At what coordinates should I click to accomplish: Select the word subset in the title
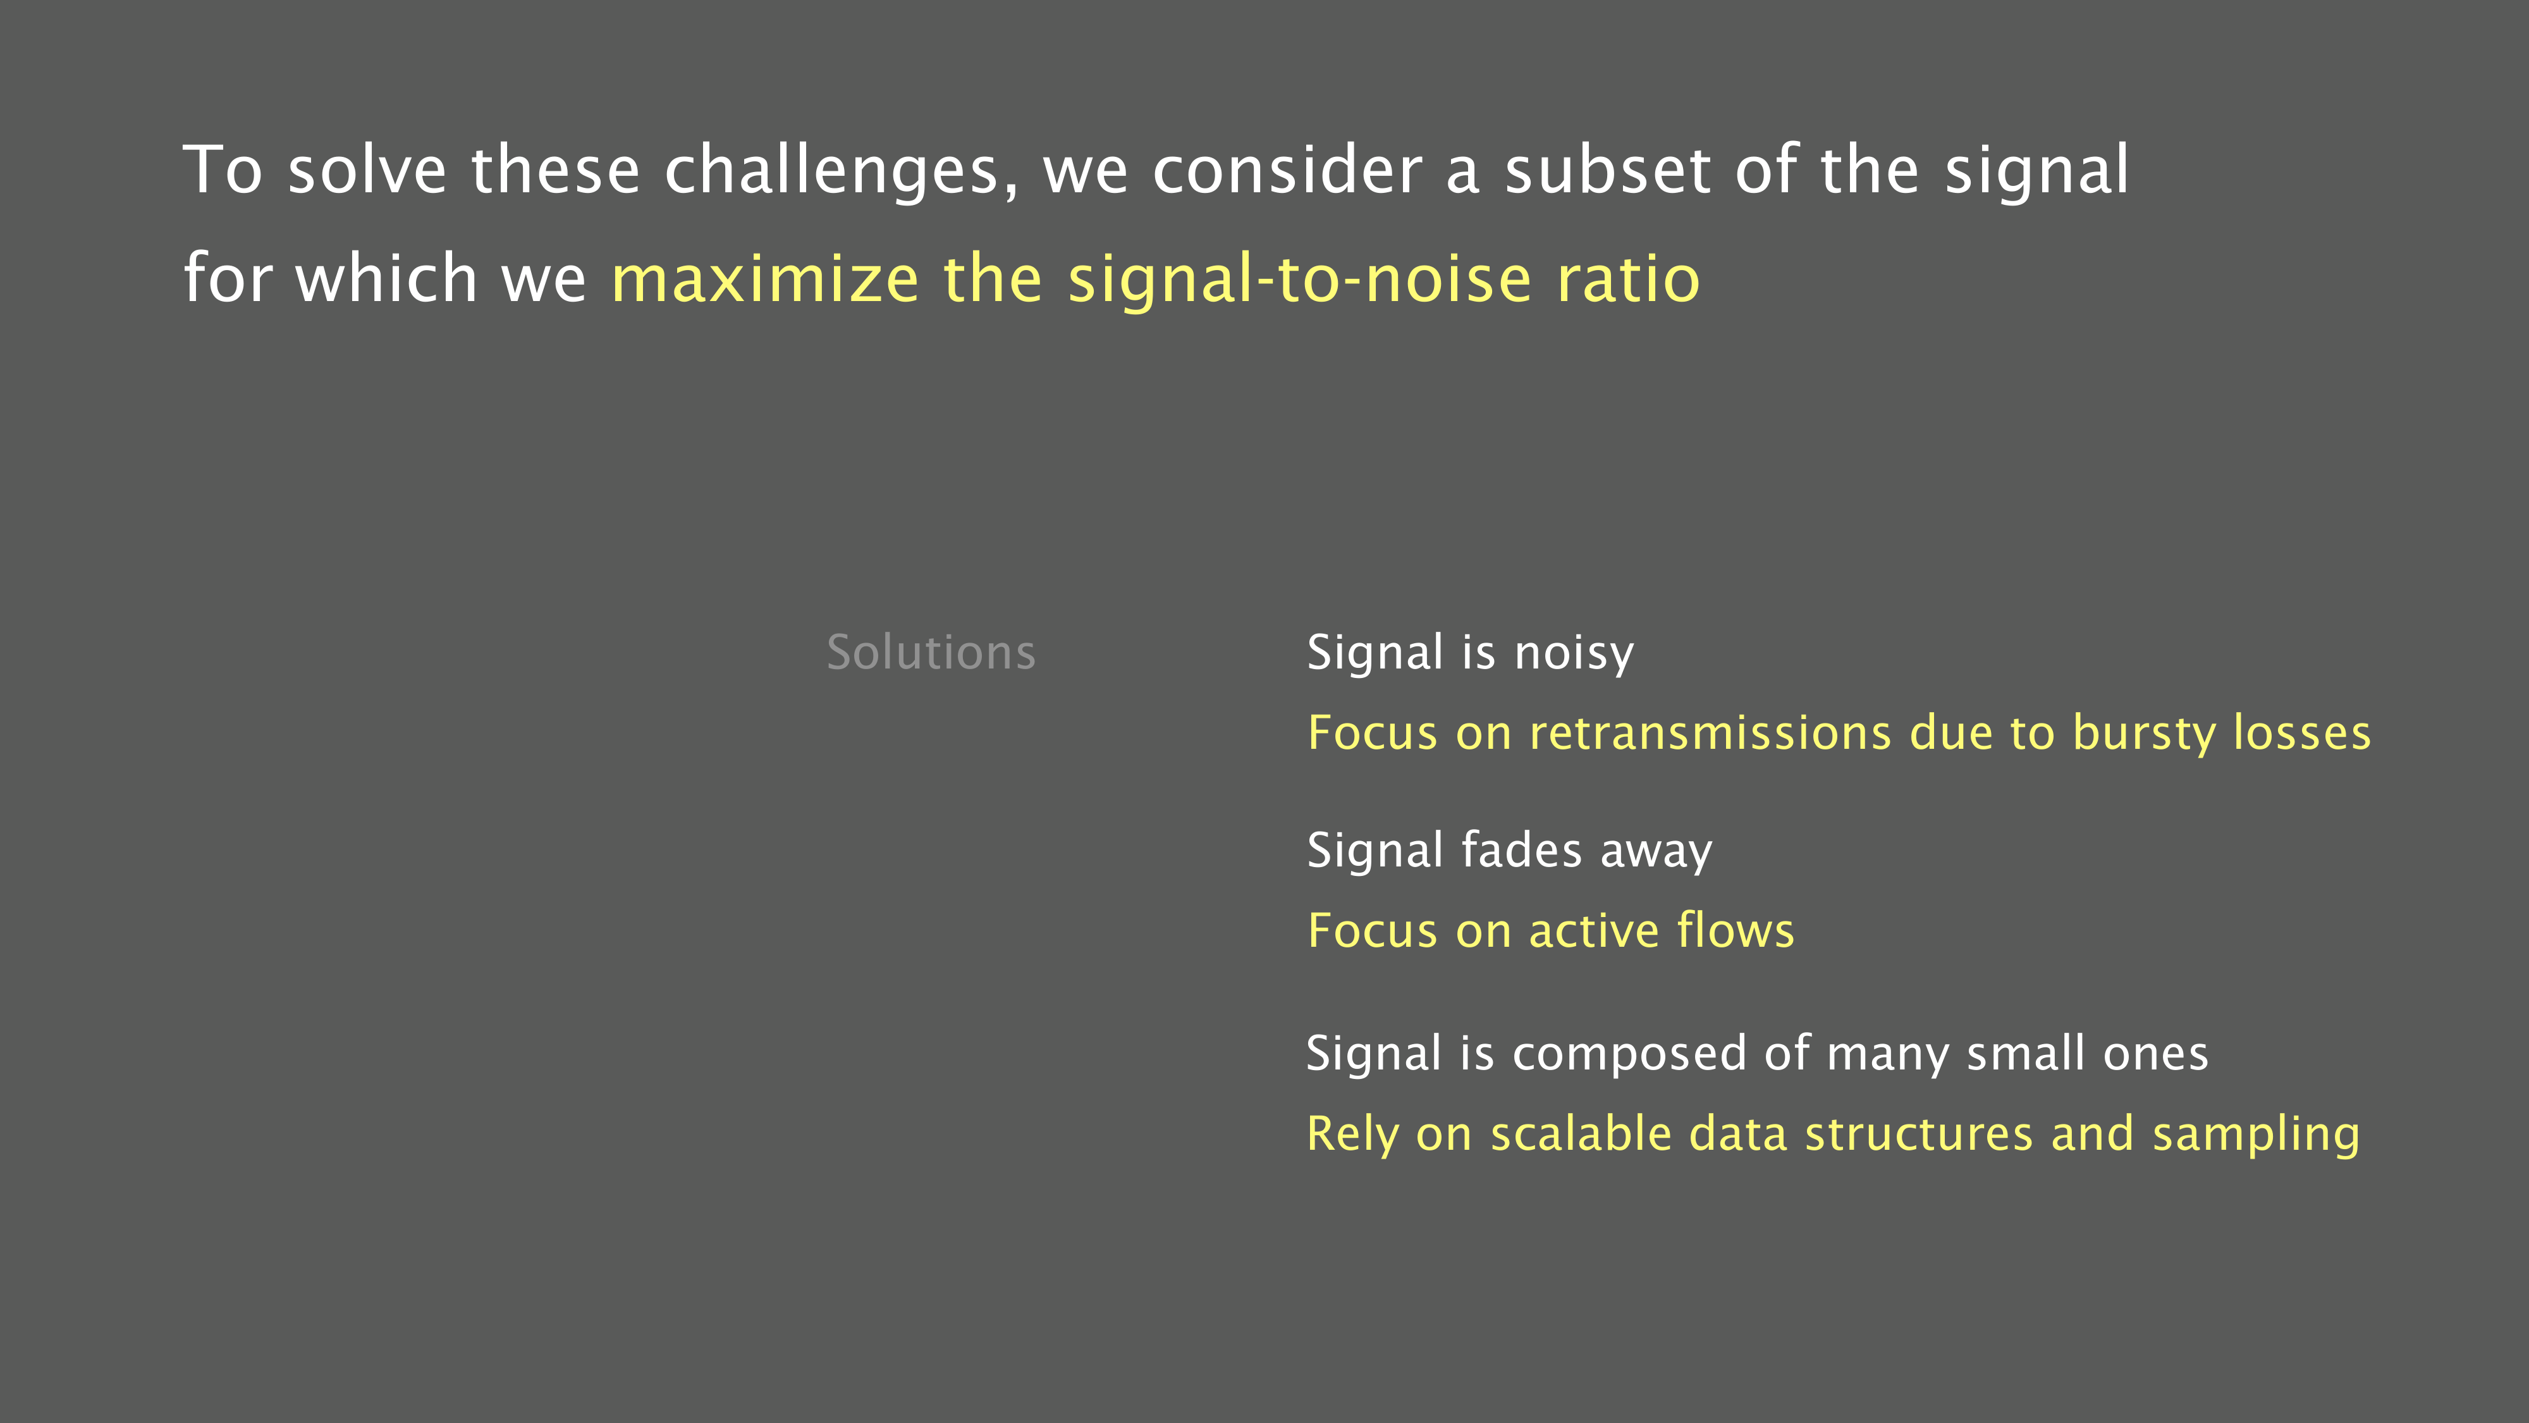1608,170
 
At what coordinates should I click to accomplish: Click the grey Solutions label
931,652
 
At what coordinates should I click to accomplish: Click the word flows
1736,929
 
